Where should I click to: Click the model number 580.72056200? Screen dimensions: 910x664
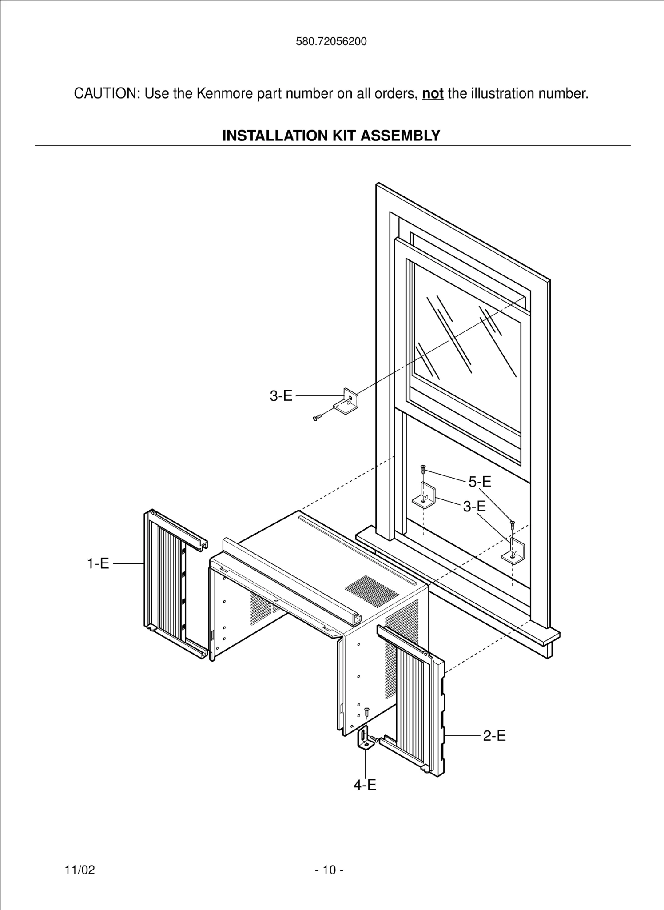[331, 42]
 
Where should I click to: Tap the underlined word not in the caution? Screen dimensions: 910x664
[433, 94]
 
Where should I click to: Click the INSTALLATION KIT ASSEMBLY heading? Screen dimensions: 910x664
[331, 135]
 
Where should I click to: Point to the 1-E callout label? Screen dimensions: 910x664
[98, 564]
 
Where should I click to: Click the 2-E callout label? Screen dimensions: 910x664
[494, 736]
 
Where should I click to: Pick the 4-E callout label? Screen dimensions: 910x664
[365, 785]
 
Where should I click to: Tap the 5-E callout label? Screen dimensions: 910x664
[480, 481]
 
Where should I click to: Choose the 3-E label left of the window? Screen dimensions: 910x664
[281, 395]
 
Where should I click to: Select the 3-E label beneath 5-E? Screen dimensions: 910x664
[474, 506]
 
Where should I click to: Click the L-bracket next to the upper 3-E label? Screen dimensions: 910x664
[348, 401]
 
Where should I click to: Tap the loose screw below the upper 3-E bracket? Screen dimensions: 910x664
[317, 417]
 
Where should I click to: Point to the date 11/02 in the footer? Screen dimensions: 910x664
[80, 870]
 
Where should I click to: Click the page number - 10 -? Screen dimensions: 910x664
[329, 870]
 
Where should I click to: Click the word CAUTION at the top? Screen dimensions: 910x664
[107, 94]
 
